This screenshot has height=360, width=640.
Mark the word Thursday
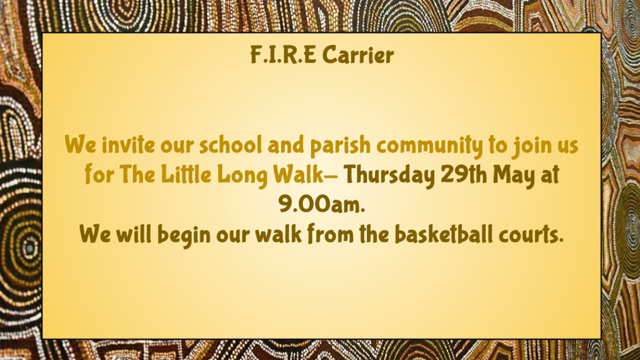389,177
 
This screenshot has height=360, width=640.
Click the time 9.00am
322,204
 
